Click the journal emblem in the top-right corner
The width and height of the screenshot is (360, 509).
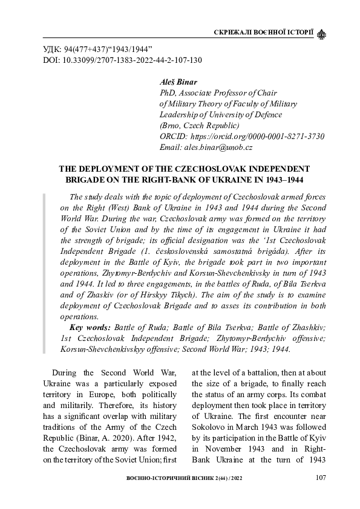pos(321,31)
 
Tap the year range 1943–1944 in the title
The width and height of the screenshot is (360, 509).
pos(280,180)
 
